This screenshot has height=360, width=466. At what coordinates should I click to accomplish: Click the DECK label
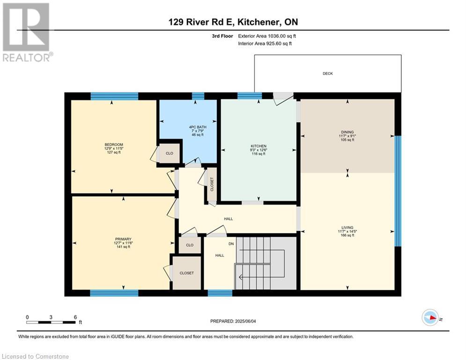point(327,74)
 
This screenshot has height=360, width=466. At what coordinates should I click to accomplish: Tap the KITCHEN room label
point(259,146)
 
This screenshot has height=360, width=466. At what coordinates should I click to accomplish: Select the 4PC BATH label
point(198,127)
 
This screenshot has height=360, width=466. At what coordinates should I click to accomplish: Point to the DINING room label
point(348,132)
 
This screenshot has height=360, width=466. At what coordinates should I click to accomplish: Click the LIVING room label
point(348,228)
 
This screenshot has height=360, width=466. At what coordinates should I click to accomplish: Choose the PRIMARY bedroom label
point(123,239)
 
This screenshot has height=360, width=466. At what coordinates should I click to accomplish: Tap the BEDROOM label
point(113,144)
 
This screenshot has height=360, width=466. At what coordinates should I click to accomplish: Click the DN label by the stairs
point(231,244)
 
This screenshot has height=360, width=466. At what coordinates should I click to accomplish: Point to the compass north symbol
point(430,317)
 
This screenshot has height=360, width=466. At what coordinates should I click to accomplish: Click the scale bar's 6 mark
point(75,317)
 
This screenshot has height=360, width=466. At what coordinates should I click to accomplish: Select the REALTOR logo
point(27,32)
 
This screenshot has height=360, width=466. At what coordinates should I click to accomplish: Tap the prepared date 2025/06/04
point(245,321)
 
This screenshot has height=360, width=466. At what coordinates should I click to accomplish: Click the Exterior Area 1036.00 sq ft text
point(267,36)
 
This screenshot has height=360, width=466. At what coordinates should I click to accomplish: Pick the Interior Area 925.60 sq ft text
point(265,44)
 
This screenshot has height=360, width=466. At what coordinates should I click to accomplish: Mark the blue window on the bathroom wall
point(198,96)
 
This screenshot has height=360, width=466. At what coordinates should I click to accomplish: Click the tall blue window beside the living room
point(398,191)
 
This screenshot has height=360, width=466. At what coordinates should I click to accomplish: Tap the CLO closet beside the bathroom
point(170,153)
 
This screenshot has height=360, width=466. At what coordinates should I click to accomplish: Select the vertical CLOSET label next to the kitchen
point(212,185)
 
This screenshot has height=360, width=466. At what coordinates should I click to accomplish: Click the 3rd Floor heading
point(222,36)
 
